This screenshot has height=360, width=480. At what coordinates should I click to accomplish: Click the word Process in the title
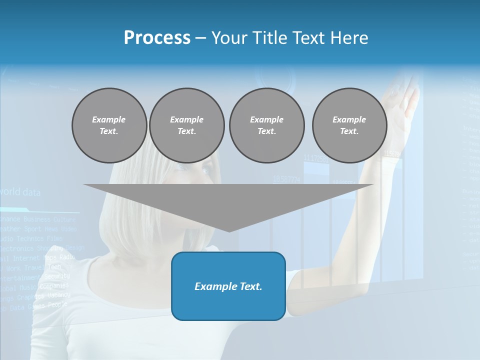157,38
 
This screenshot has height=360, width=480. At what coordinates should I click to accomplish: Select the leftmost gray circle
109,125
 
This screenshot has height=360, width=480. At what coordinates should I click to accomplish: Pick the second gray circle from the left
186,125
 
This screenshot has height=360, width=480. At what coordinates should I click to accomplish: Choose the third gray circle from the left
266,125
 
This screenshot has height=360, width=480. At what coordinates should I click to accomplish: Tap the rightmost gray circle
349,125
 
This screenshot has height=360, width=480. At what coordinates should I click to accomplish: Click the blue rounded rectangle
228,300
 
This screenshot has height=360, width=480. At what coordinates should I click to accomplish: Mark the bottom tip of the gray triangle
229,231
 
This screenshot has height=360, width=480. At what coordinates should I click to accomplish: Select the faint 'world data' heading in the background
20,192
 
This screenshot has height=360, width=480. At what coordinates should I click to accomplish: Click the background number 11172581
316,158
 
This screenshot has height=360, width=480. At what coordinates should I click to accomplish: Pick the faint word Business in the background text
37,219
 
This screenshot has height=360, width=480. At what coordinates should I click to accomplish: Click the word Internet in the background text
26,258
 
